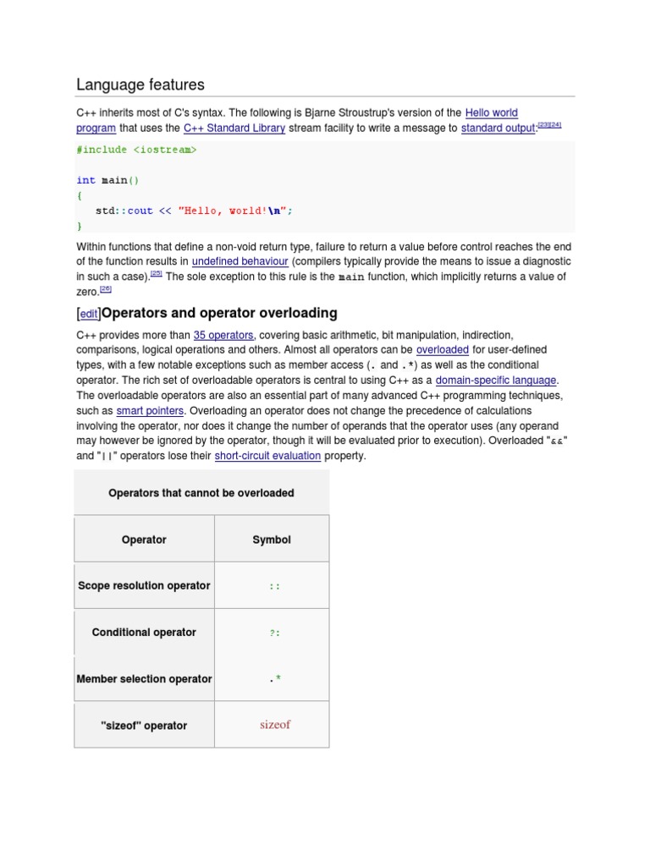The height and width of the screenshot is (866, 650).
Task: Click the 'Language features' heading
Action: (140, 85)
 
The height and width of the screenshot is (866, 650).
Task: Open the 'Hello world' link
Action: (491, 112)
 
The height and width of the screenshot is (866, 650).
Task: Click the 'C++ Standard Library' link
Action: (234, 129)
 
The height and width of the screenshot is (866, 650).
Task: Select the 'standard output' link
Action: (499, 129)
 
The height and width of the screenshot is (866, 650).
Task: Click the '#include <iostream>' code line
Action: (136, 150)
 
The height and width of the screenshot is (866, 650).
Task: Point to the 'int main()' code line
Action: (107, 180)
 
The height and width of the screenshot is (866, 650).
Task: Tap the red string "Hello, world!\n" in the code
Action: (235, 211)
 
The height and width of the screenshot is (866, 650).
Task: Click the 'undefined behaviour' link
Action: (240, 261)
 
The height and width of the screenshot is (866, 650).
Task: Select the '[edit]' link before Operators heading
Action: (88, 314)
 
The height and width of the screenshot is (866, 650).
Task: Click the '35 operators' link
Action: (223, 335)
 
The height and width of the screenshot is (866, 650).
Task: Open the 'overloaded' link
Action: (442, 349)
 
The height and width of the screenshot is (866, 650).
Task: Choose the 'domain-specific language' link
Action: (496, 381)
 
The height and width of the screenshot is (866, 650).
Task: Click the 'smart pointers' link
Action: (150, 411)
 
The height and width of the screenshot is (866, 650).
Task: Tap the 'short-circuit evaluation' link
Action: (267, 456)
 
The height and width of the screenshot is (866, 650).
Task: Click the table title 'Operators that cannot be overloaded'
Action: (201, 493)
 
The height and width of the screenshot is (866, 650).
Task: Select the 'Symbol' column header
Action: (272, 540)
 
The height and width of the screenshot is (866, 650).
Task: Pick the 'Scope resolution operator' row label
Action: (144, 585)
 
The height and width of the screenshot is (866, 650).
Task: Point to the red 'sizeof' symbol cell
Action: (274, 725)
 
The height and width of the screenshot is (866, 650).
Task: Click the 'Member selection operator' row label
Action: (144, 678)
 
